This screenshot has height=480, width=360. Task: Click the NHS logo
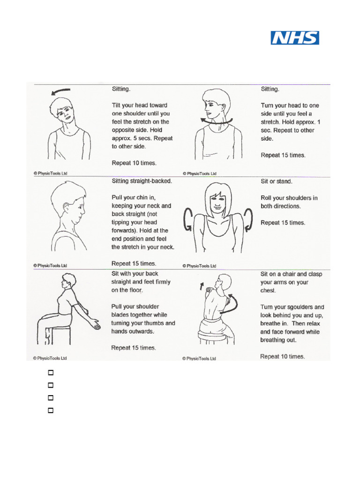pyautogui.click(x=295, y=38)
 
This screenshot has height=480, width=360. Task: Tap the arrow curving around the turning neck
pyautogui.click(x=216, y=121)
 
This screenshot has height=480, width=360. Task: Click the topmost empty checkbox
pyautogui.click(x=50, y=373)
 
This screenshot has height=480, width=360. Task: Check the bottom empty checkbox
pyautogui.click(x=50, y=410)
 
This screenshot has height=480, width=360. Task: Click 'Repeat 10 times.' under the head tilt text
pyautogui.click(x=134, y=163)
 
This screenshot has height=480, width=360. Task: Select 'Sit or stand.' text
pyautogui.click(x=276, y=180)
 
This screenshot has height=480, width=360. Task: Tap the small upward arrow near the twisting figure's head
pyautogui.click(x=202, y=286)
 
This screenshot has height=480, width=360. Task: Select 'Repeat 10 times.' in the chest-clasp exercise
pyautogui.click(x=282, y=356)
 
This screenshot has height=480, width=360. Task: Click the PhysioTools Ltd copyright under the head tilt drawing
pyautogui.click(x=50, y=173)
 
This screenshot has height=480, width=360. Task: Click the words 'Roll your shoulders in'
pyautogui.click(x=289, y=198)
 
